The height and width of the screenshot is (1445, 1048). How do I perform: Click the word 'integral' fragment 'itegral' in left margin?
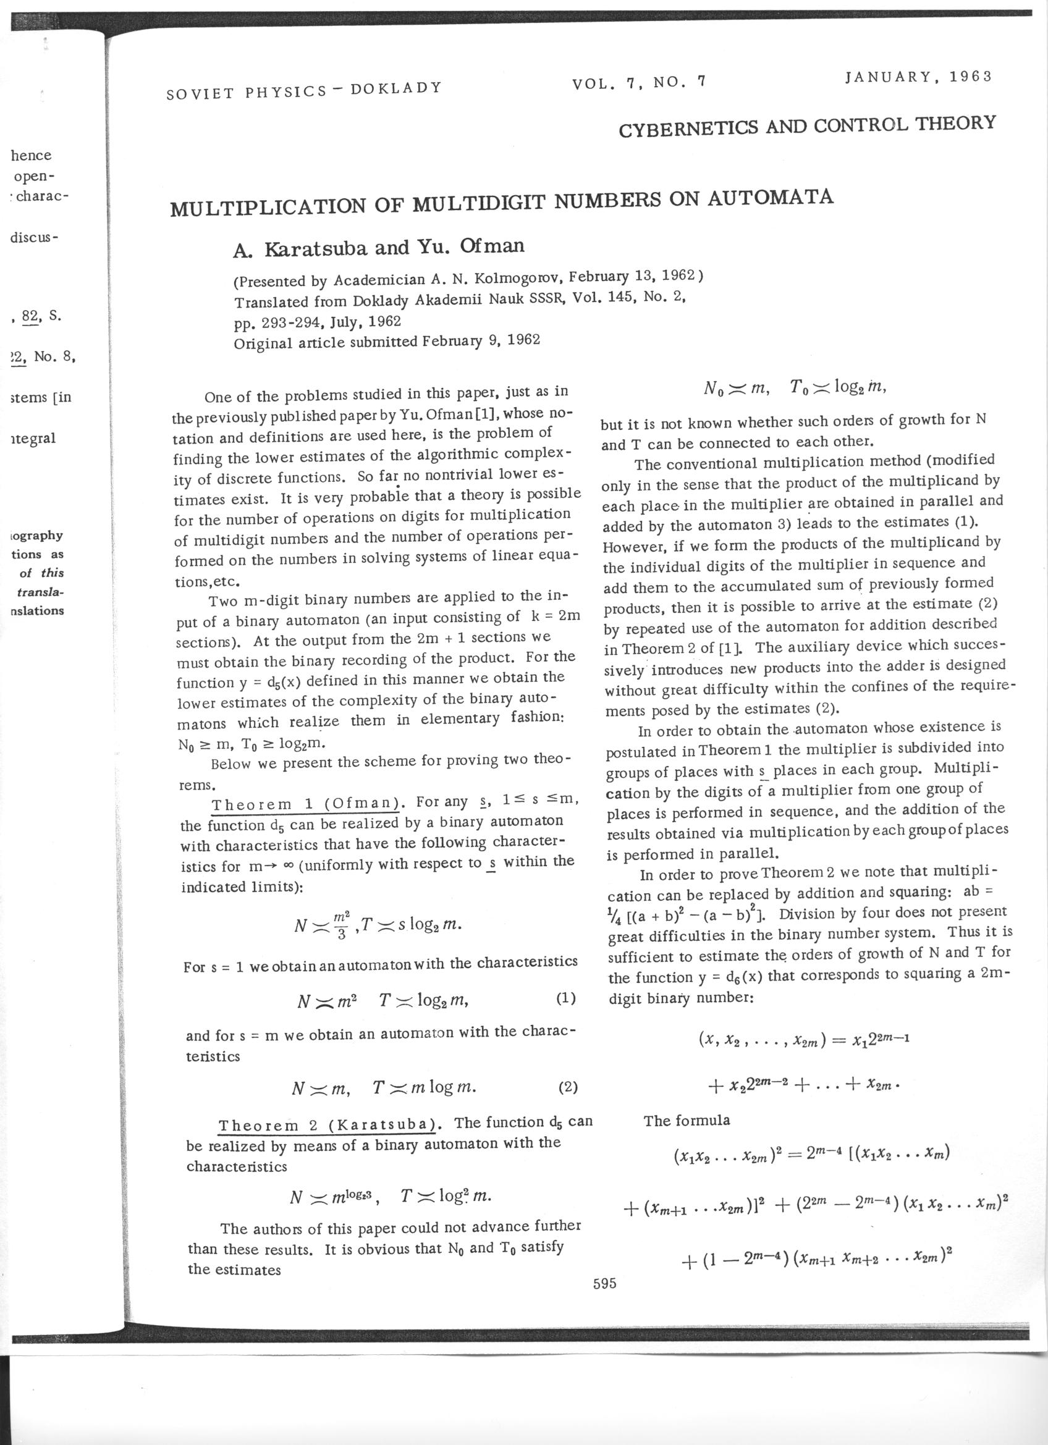(34, 439)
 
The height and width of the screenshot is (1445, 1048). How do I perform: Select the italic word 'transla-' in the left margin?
(40, 592)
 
